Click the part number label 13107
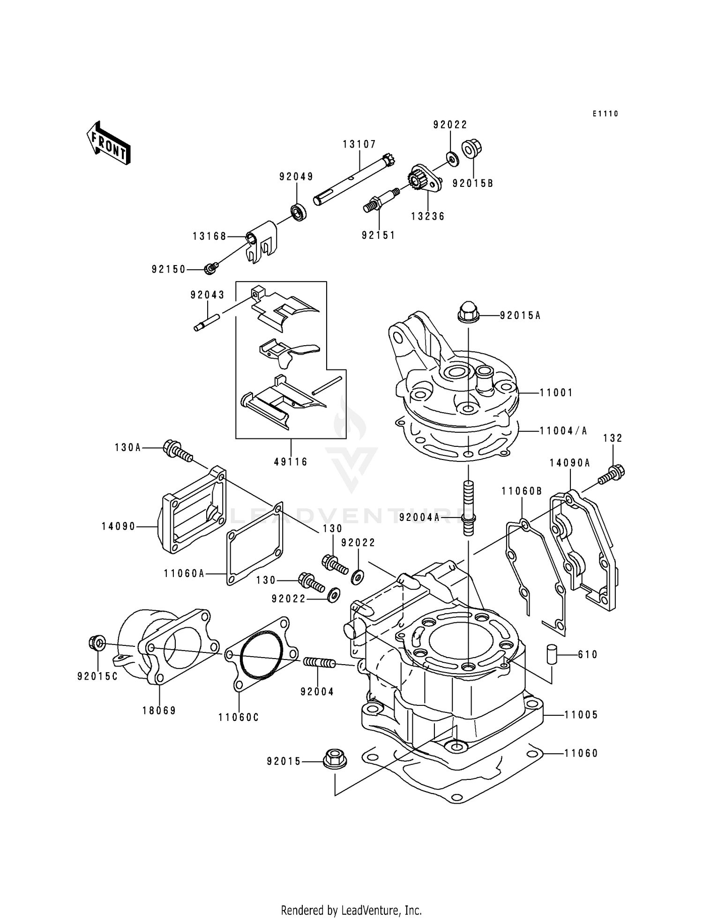359,145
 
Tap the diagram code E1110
605,114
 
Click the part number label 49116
291,462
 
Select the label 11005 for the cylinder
581,715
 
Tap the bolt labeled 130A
177,451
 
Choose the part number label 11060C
239,717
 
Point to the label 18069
159,711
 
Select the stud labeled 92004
319,663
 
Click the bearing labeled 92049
297,212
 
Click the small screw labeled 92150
211,268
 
